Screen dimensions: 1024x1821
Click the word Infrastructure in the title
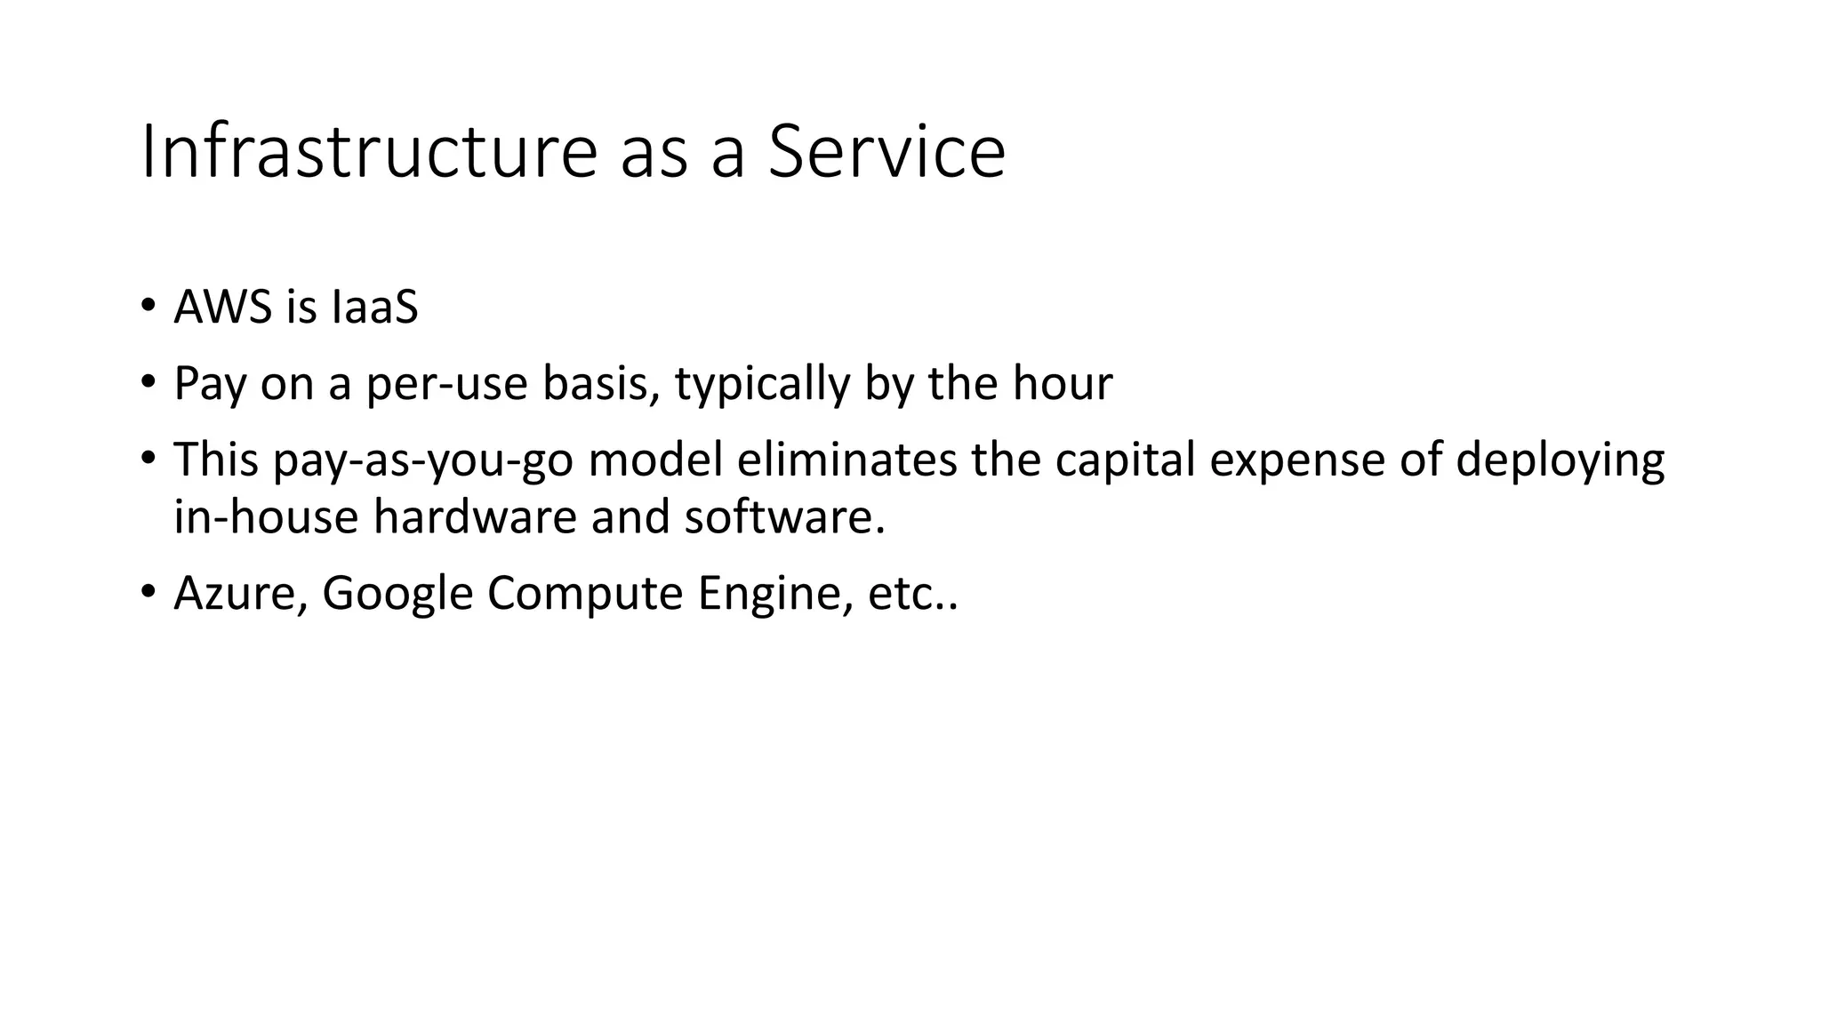(x=369, y=152)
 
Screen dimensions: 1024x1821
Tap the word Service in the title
(x=886, y=152)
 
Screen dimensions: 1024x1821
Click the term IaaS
(x=374, y=308)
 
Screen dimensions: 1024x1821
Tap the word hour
(x=1063, y=384)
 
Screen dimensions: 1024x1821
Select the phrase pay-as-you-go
(x=423, y=460)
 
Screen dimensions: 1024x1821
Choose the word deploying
(x=1560, y=460)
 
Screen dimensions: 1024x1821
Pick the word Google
(x=397, y=593)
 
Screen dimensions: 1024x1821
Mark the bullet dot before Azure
(x=148, y=591)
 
